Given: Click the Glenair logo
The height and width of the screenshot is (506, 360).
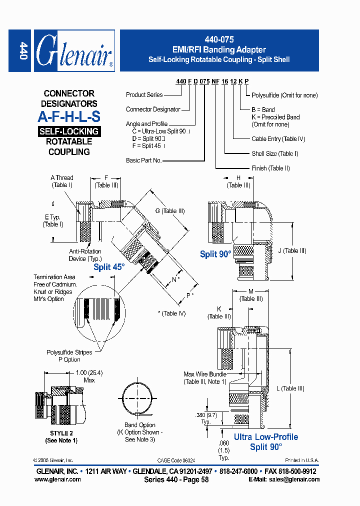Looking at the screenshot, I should (x=74, y=51).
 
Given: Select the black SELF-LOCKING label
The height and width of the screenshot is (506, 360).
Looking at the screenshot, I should (x=69, y=131).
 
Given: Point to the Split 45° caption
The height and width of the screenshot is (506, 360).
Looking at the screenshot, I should (x=109, y=267).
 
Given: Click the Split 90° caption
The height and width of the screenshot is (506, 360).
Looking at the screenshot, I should (x=215, y=254).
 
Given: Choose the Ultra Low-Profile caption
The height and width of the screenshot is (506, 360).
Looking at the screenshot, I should (x=266, y=437).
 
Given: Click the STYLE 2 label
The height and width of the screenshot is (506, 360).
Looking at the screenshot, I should (x=61, y=433).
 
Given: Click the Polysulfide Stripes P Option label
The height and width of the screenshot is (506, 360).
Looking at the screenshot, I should (x=69, y=356).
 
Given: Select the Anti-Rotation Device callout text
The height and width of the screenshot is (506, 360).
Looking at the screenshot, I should (x=85, y=255).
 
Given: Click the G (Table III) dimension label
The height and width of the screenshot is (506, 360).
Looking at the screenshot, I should (x=169, y=211).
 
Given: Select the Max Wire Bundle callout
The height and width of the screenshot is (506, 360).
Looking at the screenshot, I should (x=205, y=378).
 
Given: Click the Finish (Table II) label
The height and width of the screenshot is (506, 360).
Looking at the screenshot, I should (x=270, y=168).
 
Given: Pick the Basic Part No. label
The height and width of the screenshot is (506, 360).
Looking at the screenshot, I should (x=143, y=160).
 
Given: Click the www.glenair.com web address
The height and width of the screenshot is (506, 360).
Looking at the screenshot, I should (x=57, y=479).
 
